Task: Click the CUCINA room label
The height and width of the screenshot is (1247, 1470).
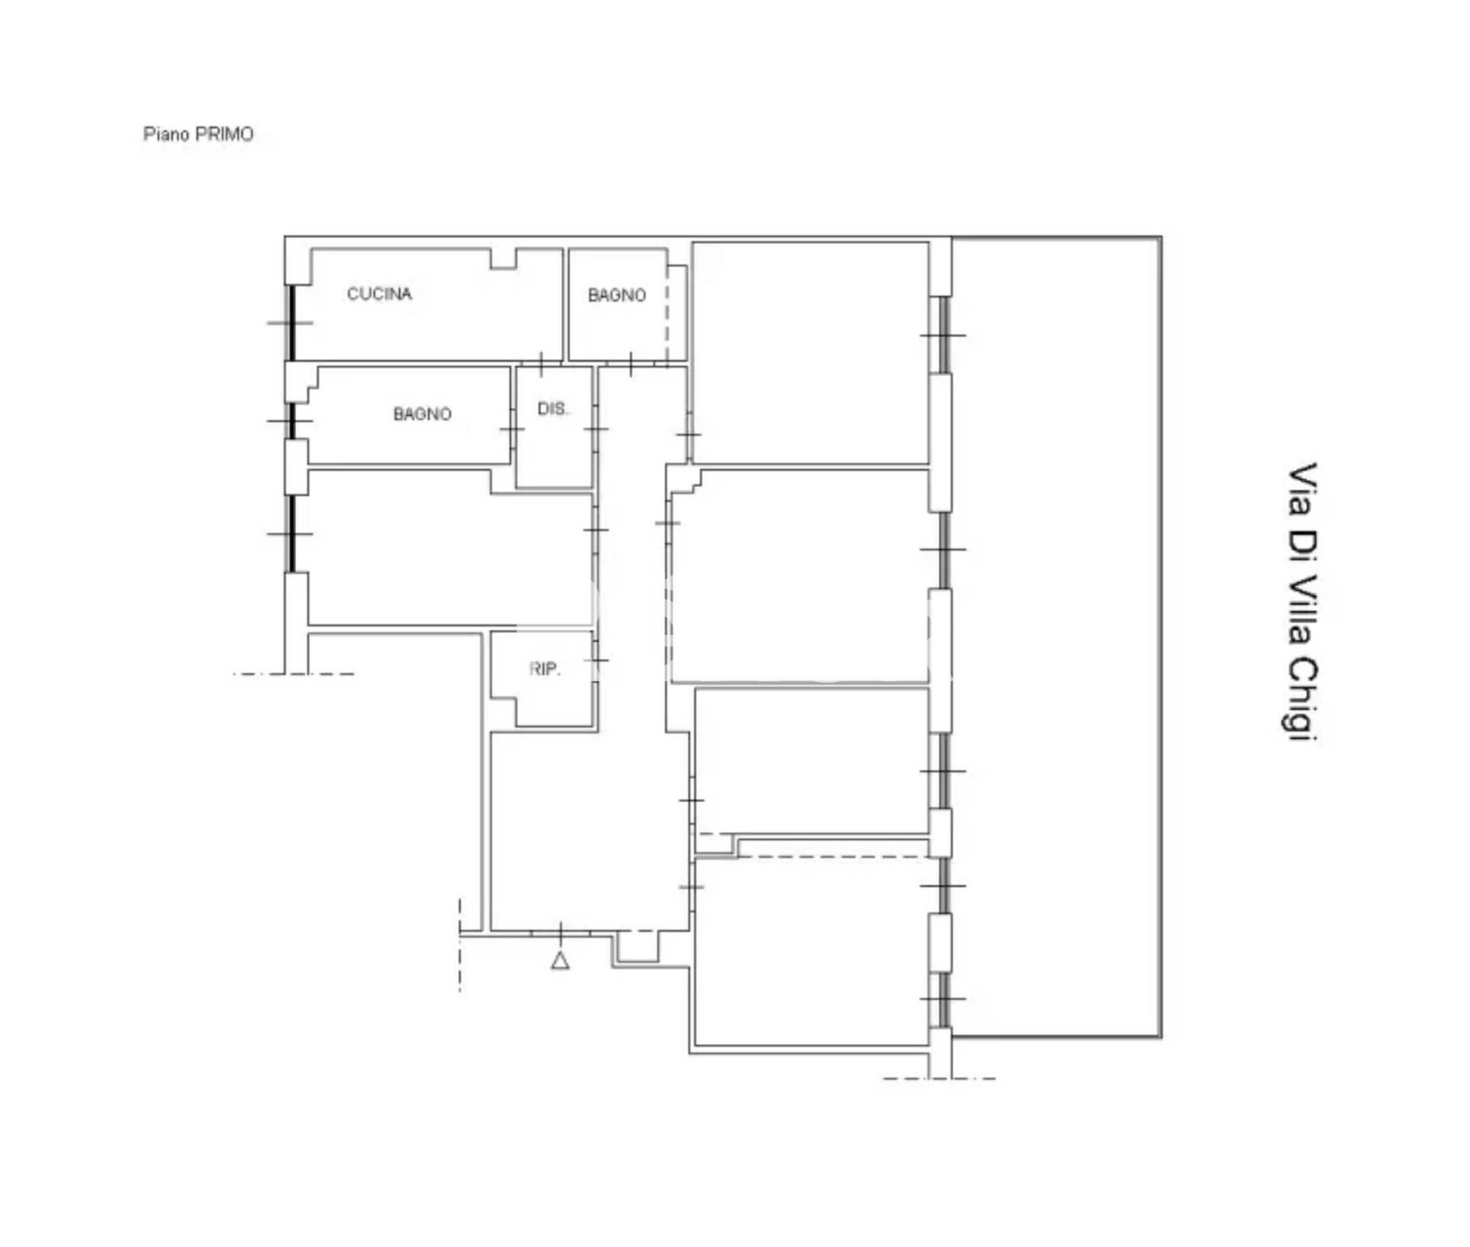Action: [379, 294]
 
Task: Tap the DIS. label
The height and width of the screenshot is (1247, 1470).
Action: [553, 408]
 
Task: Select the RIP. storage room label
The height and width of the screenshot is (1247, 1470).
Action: [544, 669]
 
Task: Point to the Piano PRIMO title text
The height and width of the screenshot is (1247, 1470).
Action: [198, 134]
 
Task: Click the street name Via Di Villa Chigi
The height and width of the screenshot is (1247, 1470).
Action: [1303, 602]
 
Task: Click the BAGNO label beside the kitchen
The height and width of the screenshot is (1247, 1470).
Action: [617, 296]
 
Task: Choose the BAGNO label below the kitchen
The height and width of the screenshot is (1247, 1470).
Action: [422, 414]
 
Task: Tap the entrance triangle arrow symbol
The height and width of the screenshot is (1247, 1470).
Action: [560, 960]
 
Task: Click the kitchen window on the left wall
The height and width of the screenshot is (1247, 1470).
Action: [291, 322]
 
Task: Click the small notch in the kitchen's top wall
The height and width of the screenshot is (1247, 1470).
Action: [503, 258]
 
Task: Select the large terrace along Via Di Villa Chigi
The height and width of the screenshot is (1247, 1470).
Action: [1055, 637]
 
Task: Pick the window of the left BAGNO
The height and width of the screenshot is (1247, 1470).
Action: [291, 421]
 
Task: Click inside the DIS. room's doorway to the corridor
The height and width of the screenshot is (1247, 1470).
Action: [595, 429]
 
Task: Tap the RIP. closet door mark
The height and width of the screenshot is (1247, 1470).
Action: [595, 660]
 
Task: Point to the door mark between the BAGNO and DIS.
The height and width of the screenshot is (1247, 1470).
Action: [512, 429]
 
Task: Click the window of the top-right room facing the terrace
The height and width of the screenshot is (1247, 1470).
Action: [943, 334]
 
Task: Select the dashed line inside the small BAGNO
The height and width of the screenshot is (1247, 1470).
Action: [667, 313]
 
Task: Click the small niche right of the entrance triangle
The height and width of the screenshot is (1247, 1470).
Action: [638, 947]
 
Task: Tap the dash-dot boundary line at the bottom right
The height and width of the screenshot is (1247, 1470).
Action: [939, 1078]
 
